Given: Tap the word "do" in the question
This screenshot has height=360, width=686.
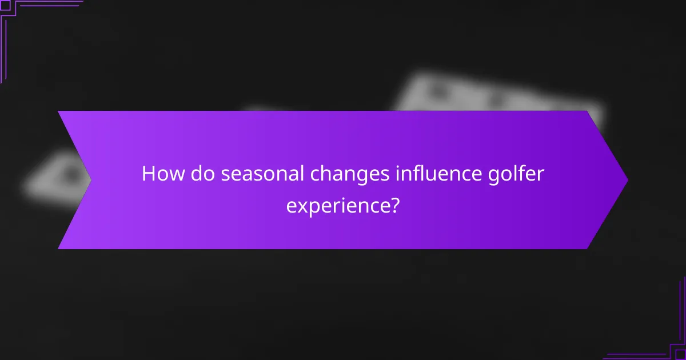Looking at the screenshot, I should [200, 173].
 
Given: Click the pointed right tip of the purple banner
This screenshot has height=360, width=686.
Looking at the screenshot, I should [627, 180].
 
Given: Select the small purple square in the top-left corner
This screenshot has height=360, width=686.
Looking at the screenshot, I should [5, 5].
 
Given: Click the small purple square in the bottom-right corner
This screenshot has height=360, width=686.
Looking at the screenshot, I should [680, 354].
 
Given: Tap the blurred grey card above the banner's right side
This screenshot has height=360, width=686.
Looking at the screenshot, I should [497, 94].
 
